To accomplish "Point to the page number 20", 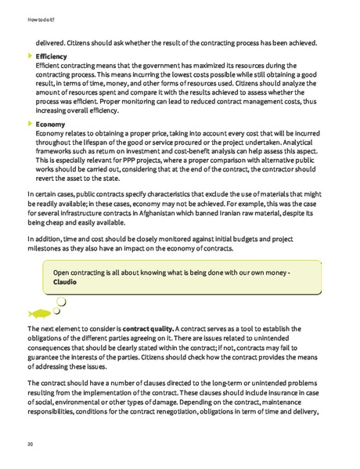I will (x=18, y=443).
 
